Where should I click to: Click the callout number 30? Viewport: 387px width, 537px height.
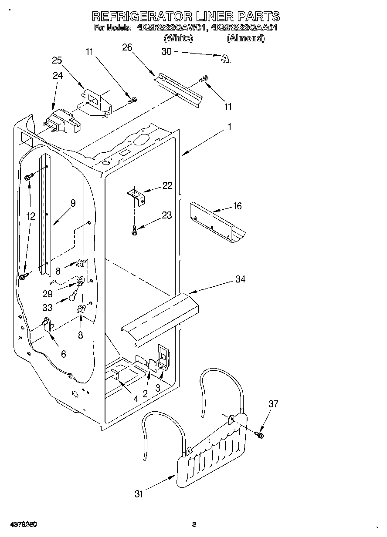click(x=166, y=52)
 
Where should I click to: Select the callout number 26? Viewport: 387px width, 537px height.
click(x=127, y=48)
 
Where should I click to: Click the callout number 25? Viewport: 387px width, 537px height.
click(x=57, y=60)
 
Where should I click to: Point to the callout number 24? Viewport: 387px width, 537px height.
click(x=58, y=75)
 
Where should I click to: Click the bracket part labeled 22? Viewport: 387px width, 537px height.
click(x=136, y=195)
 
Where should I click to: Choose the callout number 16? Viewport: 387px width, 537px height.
click(x=237, y=206)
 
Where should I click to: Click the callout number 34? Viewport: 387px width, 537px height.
click(x=240, y=279)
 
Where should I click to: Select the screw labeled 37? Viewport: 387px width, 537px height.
click(x=261, y=434)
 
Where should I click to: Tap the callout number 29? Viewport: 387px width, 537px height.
click(x=48, y=294)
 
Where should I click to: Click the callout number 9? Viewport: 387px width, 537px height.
click(x=72, y=203)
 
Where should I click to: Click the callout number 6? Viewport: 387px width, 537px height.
click(x=64, y=355)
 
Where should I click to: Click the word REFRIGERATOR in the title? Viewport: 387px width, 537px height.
click(x=142, y=17)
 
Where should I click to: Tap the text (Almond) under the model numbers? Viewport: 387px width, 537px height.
click(x=245, y=38)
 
